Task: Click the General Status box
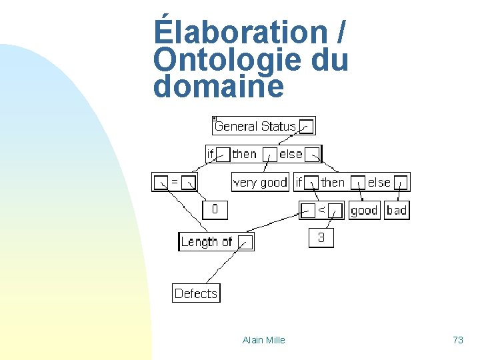(x=255, y=126)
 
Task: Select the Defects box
(x=196, y=293)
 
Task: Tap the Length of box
(x=207, y=242)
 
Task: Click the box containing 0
(x=215, y=210)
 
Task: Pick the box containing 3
(x=321, y=238)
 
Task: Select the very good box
(x=260, y=182)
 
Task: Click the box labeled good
(x=364, y=211)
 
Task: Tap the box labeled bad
(x=397, y=211)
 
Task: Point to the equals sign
(x=175, y=181)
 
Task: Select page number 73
(x=457, y=340)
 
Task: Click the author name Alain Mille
(x=263, y=340)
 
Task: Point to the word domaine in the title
(x=218, y=87)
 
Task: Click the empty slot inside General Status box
(x=306, y=127)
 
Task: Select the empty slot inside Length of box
(x=245, y=243)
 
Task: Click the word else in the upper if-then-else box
(x=291, y=154)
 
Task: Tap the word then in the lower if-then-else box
(x=333, y=182)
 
